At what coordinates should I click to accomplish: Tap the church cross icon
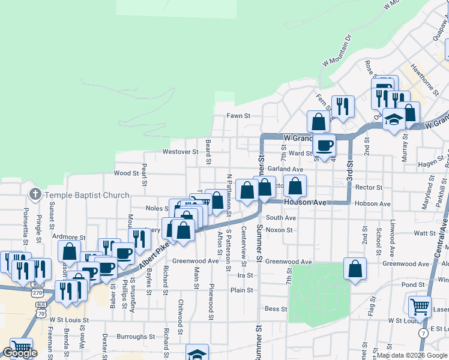point(35,194)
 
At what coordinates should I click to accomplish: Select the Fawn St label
point(238,116)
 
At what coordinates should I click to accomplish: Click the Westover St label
point(180,152)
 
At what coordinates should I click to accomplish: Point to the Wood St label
point(126,173)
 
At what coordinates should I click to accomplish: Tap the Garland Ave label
point(285,170)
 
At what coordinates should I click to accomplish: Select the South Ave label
point(281,218)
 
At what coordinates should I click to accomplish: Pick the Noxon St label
point(279,230)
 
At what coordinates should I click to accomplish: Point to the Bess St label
point(276,309)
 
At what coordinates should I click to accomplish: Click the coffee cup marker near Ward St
point(324,145)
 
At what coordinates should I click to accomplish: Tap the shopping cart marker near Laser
point(420,306)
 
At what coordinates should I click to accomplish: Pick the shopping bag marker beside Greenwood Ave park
point(355,268)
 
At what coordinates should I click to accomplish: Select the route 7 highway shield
point(424,332)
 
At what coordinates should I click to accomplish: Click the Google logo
point(20,353)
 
